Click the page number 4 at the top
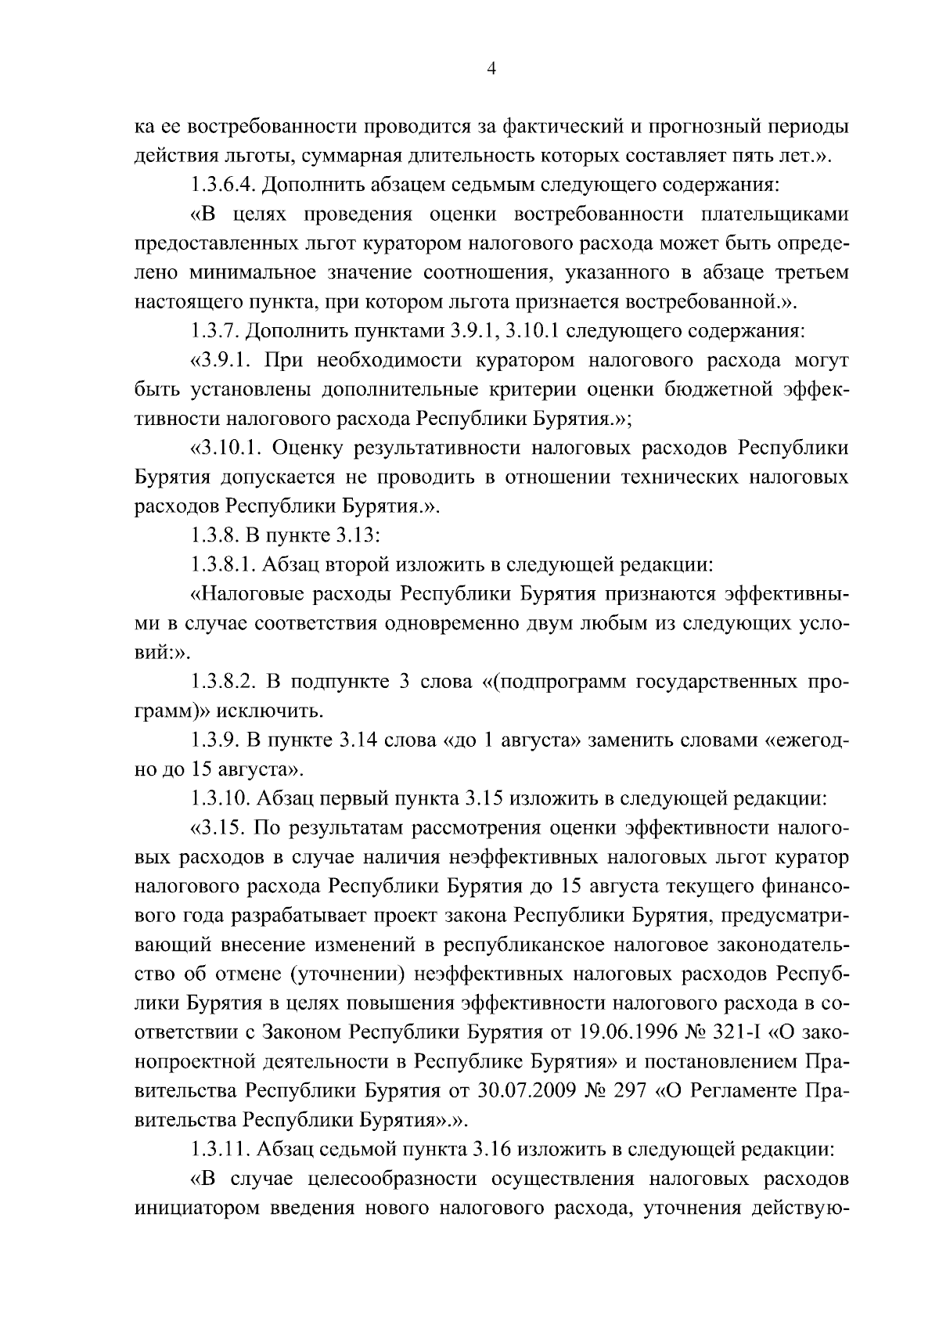(x=491, y=69)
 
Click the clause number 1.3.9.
(x=215, y=740)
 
